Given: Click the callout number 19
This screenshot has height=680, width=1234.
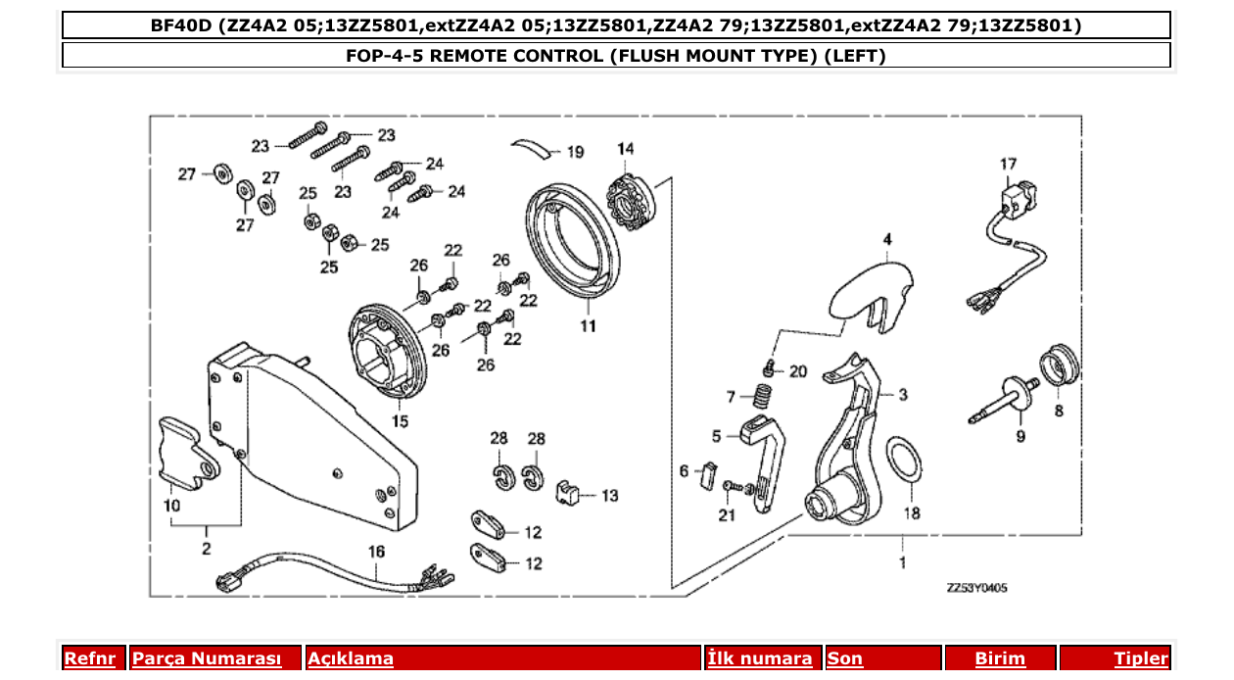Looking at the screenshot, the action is pyautogui.click(x=575, y=152).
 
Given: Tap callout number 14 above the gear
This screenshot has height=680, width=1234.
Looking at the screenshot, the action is pyautogui.click(x=625, y=149).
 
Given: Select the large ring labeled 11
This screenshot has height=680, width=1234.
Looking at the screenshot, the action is pyautogui.click(x=573, y=241).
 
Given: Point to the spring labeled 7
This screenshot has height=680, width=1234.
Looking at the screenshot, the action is pyautogui.click(x=762, y=396).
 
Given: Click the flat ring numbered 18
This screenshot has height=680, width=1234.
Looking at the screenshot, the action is pyautogui.click(x=904, y=459).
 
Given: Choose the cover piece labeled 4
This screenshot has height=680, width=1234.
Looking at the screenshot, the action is pyautogui.click(x=871, y=298).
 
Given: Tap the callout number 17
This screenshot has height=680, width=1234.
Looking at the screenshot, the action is pyautogui.click(x=1008, y=164).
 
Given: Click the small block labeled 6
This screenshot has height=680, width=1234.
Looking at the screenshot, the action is pyautogui.click(x=708, y=475).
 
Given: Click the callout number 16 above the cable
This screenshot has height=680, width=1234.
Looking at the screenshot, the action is pyautogui.click(x=376, y=552).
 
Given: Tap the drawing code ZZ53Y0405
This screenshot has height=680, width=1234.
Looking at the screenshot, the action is pyautogui.click(x=976, y=588).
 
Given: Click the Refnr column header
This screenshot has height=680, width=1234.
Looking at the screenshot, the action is pyautogui.click(x=90, y=658).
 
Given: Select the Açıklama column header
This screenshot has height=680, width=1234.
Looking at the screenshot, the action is pyautogui.click(x=351, y=658).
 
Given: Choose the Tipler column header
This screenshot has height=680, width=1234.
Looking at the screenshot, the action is pyautogui.click(x=1141, y=658).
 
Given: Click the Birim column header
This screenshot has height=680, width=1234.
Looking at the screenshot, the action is pyautogui.click(x=1000, y=658).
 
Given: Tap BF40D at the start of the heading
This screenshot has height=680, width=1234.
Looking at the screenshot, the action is pyautogui.click(x=181, y=25).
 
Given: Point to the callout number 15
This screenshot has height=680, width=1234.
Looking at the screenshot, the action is pyautogui.click(x=400, y=421).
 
